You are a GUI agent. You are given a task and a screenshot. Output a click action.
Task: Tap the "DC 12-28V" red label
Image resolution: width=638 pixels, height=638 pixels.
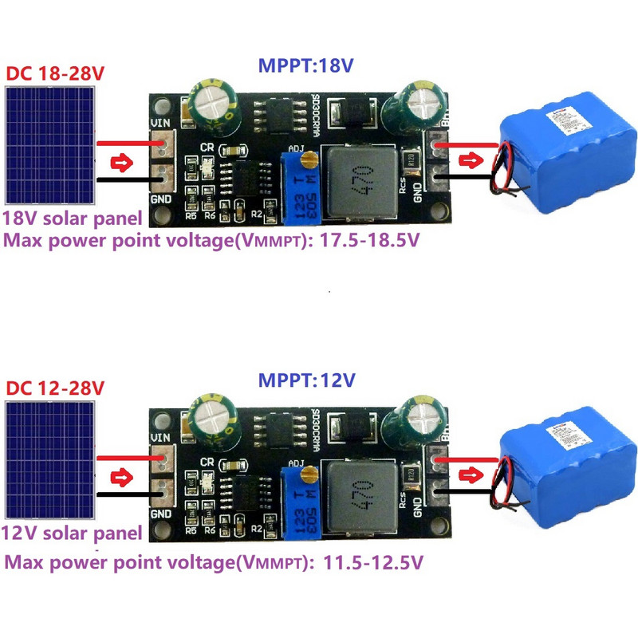click(56, 388)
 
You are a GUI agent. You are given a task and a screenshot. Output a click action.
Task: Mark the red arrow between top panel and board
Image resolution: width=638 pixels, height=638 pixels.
click(121, 164)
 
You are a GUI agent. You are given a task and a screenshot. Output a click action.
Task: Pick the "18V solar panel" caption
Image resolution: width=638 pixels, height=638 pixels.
click(73, 218)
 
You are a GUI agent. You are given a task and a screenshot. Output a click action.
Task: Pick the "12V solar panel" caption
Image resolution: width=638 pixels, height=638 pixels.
click(73, 533)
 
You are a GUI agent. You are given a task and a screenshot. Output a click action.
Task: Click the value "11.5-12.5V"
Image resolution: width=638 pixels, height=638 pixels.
click(374, 563)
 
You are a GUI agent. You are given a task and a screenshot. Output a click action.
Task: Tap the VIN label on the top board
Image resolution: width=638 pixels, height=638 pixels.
click(162, 124)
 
